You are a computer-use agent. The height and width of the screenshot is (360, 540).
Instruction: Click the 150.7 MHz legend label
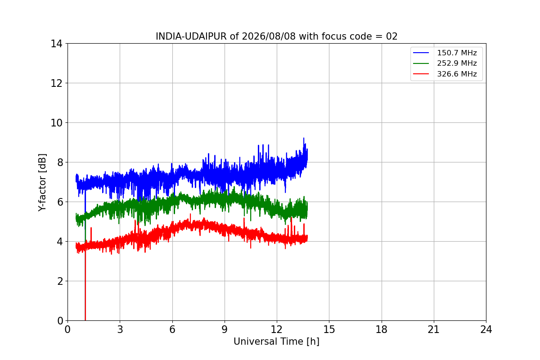[x=457, y=53]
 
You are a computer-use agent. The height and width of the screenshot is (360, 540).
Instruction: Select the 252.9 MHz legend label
[x=457, y=63]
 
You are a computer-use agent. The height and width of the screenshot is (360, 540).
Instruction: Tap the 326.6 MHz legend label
[x=457, y=74]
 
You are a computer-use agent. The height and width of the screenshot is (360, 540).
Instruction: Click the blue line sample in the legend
[x=421, y=53]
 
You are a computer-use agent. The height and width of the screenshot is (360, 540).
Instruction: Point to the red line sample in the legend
[x=421, y=74]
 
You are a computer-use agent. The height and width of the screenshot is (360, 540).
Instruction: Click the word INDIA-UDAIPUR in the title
[x=191, y=36]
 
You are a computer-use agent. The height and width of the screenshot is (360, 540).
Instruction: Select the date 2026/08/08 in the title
[x=269, y=36]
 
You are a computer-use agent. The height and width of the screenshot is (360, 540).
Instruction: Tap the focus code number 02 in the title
[x=391, y=36]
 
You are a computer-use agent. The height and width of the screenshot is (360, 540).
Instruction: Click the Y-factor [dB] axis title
[x=42, y=183]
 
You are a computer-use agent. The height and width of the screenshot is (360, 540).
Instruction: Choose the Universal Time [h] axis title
[x=276, y=342]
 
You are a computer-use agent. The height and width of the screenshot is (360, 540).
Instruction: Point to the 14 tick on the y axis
[x=56, y=44]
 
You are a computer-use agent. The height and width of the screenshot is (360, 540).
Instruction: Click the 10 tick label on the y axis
[x=56, y=123]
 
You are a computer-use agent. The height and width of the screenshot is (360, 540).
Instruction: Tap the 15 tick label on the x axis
[x=329, y=329]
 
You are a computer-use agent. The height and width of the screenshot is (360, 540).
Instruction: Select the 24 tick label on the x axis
[x=486, y=329]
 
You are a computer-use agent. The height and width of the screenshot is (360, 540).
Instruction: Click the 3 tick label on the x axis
[x=120, y=329]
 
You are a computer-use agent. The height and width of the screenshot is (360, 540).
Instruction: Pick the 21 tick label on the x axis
[x=434, y=329]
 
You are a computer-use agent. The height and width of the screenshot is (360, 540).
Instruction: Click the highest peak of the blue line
[x=303, y=138]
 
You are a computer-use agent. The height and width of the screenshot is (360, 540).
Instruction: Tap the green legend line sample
[x=421, y=63]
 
